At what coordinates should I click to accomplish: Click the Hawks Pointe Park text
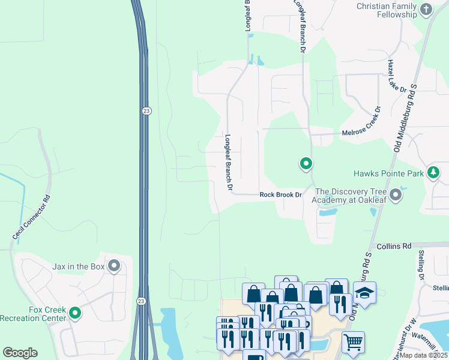tap(388, 174)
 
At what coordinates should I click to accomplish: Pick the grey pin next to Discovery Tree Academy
tap(396, 195)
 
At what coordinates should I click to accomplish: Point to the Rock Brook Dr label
tap(280, 195)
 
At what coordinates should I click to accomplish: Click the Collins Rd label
tap(394, 246)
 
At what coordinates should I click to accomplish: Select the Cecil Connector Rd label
tap(30, 218)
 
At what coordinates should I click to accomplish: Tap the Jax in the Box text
tap(79, 266)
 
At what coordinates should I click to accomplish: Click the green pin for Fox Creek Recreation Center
tap(75, 313)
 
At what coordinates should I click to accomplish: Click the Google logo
tap(20, 353)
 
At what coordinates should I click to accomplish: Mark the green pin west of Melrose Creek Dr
tap(306, 163)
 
